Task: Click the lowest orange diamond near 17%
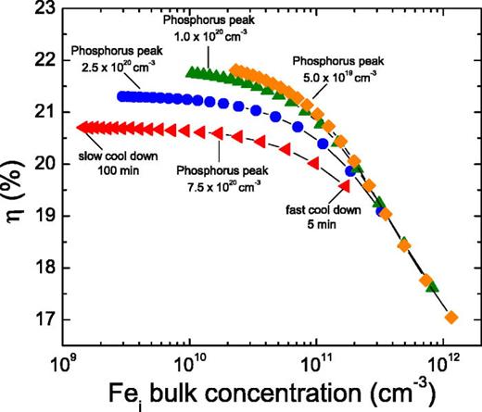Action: click(451, 318)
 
